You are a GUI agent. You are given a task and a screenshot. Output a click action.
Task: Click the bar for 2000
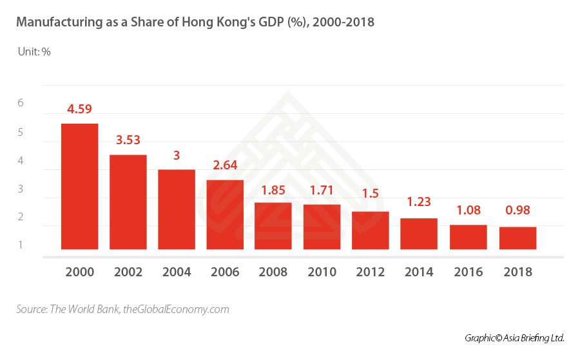pyautogui.click(x=79, y=186)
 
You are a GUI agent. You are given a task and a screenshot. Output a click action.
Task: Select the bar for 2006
pyautogui.click(x=225, y=214)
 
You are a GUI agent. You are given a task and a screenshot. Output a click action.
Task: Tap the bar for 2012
pyautogui.click(x=370, y=230)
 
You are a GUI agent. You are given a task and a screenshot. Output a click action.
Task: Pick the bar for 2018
pyautogui.click(x=517, y=238)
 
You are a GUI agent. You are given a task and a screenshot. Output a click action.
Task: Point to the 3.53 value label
pyautogui.click(x=128, y=140)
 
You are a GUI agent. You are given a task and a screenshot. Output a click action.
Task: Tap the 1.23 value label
pyautogui.click(x=418, y=203)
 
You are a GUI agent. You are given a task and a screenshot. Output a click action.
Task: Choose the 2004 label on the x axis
pyautogui.click(x=177, y=272)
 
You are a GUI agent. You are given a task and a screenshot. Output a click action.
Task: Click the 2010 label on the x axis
pyautogui.click(x=322, y=272)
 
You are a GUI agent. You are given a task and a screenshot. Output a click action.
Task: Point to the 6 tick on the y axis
pyautogui.click(x=21, y=103)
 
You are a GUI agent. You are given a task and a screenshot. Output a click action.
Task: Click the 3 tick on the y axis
pyautogui.click(x=21, y=189)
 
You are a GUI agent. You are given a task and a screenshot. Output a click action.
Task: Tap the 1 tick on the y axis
pyautogui.click(x=21, y=245)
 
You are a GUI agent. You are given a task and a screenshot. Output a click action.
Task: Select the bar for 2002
pyautogui.click(x=128, y=202)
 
